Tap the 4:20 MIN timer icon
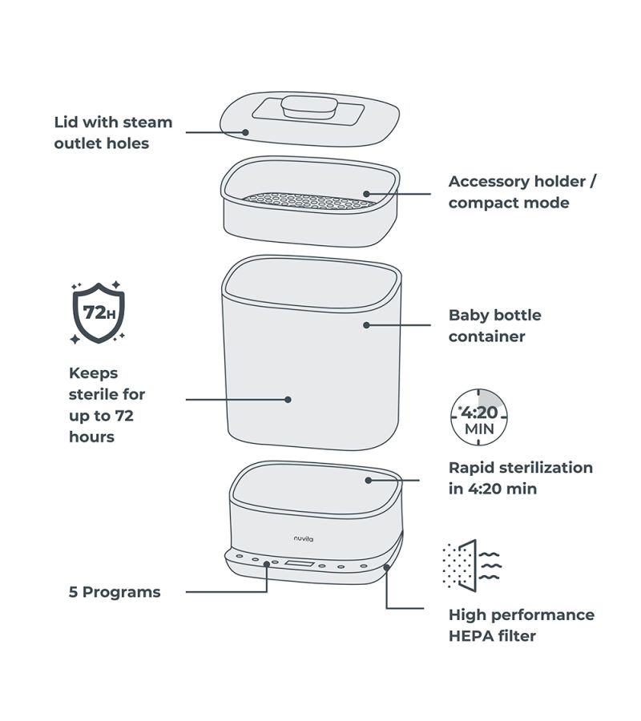tap(479, 417)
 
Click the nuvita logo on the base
tap(303, 538)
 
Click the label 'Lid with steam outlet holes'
tap(113, 133)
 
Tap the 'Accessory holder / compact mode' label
tap(522, 192)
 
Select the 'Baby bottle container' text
tap(494, 325)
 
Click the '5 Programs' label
tap(115, 592)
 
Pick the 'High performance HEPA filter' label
tap(521, 625)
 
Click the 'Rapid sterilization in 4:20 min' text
tap(520, 477)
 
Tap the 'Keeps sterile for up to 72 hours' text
tap(107, 405)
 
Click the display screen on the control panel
tap(296, 566)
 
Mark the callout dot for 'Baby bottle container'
tap(366, 324)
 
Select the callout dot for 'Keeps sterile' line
tap(287, 398)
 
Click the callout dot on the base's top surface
tap(368, 480)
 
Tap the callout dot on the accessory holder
tap(365, 193)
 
